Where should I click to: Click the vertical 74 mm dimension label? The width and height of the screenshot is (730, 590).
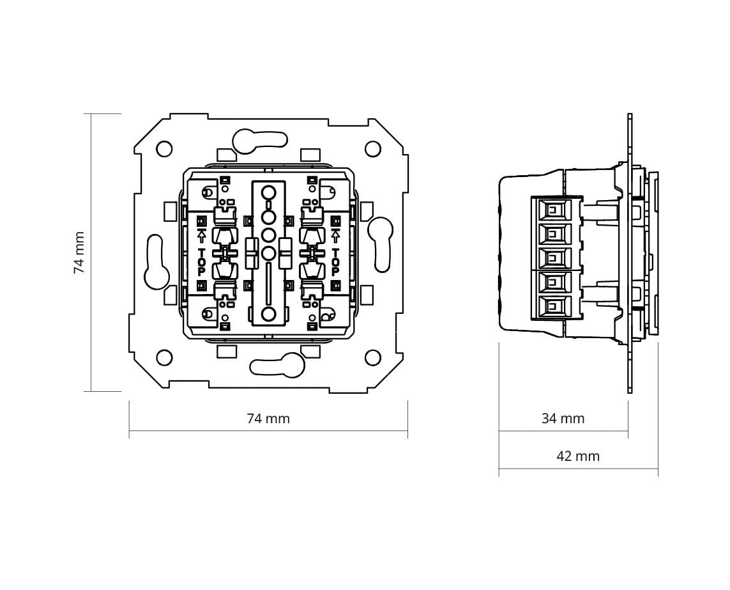pos(80,252)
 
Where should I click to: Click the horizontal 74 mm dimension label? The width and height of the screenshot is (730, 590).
pos(268,419)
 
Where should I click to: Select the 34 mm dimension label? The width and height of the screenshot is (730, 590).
pos(563,419)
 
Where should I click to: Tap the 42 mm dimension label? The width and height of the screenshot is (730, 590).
pos(578,456)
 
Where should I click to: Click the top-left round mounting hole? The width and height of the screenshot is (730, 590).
pos(164,149)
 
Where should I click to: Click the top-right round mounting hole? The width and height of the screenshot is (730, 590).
pos(372,149)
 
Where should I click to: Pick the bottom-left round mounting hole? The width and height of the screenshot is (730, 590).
pos(164,358)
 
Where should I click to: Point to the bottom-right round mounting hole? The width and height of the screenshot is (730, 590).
pos(372,358)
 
